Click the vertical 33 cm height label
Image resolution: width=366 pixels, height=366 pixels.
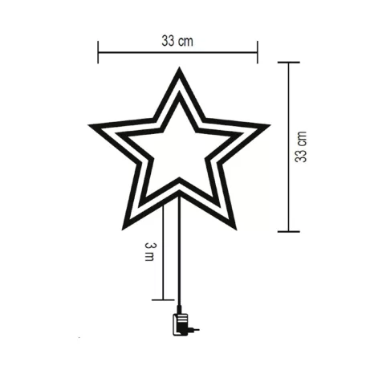coord(302,147)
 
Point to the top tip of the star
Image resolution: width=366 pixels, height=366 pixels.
coord(178,70)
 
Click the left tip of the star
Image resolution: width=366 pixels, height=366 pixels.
coord(91,126)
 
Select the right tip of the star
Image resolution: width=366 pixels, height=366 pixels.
coord(267,126)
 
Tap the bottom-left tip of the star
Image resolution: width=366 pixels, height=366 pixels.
coord(124,228)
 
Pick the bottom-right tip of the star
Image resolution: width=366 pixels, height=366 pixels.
coord(234,228)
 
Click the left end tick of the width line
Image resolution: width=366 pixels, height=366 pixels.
coord(98,53)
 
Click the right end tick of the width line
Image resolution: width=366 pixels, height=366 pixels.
coord(257,53)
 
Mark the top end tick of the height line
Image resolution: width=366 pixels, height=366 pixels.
coord(288,63)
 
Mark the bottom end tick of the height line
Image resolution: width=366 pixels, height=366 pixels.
coord(288,232)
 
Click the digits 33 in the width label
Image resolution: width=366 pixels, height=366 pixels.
coord(169,39)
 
